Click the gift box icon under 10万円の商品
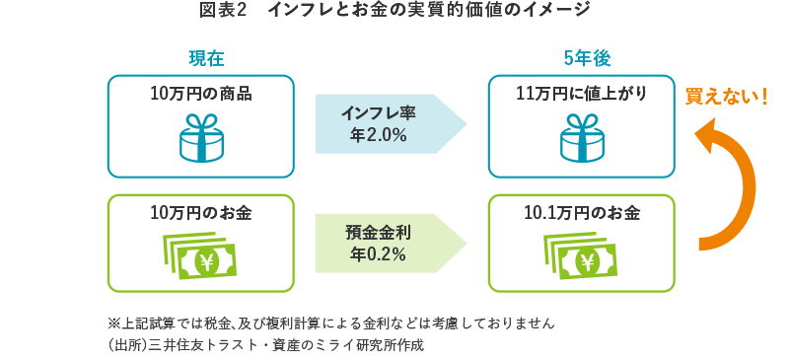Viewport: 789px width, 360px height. [200, 137]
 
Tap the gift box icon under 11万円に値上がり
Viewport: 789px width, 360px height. [581, 137]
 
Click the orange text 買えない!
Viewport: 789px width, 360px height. [726, 98]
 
